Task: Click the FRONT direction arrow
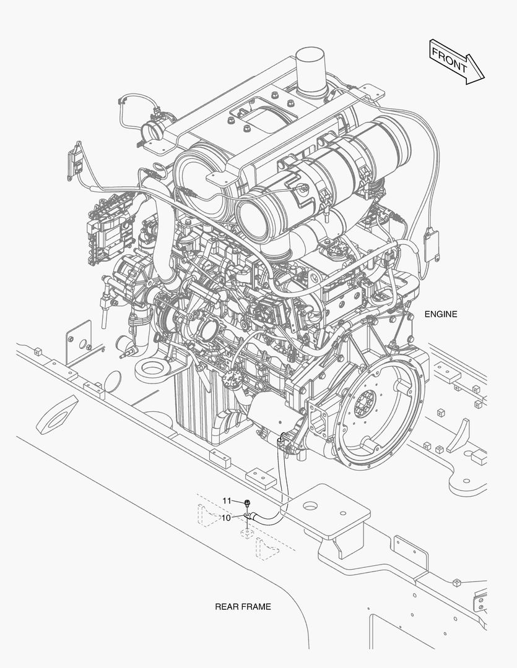(457, 62)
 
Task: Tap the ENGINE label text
(441, 314)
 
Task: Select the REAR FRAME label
(243, 607)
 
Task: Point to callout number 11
(227, 500)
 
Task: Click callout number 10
(225, 518)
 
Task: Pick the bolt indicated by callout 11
(247, 503)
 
